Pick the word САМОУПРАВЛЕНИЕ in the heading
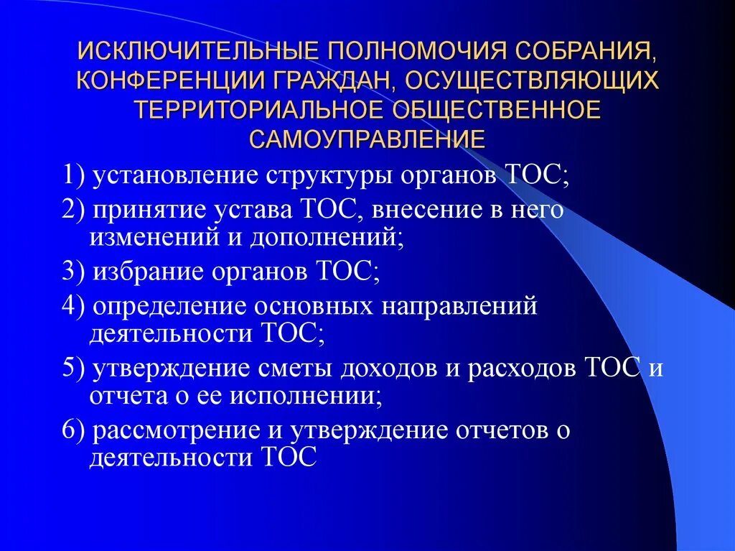[x=367, y=136]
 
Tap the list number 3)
[x=74, y=271]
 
